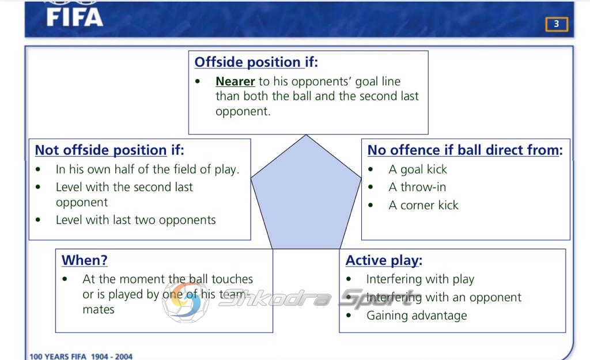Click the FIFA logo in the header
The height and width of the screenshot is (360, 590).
[74, 17]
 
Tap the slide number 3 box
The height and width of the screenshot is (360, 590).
[557, 24]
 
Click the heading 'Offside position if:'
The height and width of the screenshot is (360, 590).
[256, 62]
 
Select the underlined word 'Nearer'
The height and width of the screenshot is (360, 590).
[235, 81]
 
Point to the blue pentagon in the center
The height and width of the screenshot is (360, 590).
[306, 196]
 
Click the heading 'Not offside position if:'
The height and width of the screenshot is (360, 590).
[109, 150]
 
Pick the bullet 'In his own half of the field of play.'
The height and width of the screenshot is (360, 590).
[147, 170]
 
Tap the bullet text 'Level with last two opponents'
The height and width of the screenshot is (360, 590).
[136, 219]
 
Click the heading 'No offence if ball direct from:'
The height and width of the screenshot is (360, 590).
[465, 150]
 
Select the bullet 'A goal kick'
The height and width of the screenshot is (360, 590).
[418, 170]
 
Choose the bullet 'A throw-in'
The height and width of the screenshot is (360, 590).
[417, 187]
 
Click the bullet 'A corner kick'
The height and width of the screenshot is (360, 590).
[423, 205]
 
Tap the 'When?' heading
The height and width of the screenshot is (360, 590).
[85, 260]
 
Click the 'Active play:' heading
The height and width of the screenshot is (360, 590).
[384, 260]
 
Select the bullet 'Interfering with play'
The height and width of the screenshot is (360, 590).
[420, 279]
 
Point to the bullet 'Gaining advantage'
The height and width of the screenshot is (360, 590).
[417, 316]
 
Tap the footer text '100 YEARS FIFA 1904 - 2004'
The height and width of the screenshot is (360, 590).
[81, 356]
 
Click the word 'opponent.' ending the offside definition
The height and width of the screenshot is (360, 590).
[243, 111]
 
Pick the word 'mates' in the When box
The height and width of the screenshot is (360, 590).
[99, 309]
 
